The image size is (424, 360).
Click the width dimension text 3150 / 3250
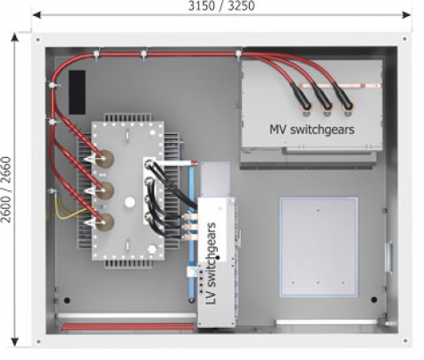point(221,5)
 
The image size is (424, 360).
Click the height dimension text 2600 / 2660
point(6,189)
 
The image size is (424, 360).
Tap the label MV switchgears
point(312,130)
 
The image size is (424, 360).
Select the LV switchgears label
point(212,264)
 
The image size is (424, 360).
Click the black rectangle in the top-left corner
point(78,92)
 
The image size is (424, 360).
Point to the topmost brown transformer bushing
point(105,159)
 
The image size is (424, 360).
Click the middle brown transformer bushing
point(105,190)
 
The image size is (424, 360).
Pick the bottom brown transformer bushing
point(105,222)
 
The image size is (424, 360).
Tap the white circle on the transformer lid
point(129,203)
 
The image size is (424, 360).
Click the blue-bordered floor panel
point(319,247)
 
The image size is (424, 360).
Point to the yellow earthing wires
point(70,208)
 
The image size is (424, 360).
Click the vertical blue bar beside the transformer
point(191,233)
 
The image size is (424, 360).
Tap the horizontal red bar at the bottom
point(128,327)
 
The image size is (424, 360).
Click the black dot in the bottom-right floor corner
point(374,299)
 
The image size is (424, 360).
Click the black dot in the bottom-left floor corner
point(67,300)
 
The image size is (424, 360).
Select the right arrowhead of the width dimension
point(406,15)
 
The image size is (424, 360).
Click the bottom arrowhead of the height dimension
point(14,341)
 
